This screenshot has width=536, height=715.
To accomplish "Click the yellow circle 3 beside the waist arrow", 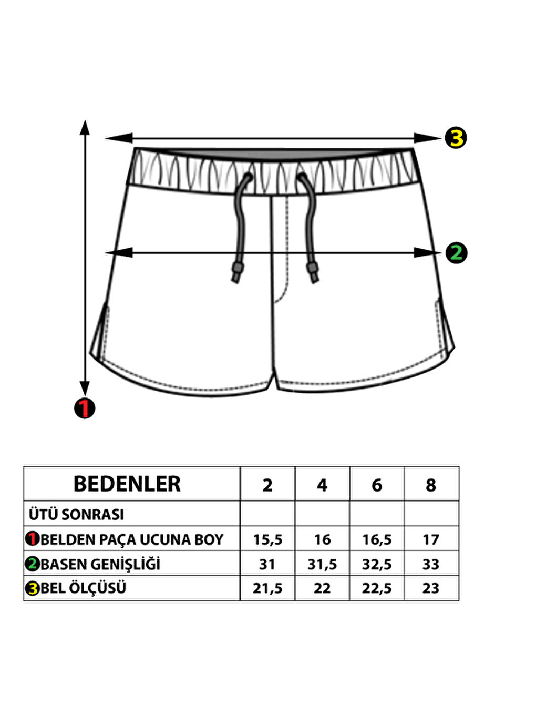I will click(456, 138).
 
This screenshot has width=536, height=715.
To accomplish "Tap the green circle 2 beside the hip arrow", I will click(456, 253).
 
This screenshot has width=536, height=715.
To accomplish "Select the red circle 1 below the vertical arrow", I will click(85, 408).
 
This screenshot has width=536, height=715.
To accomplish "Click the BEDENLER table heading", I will click(127, 484).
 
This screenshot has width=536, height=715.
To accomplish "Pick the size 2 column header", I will click(267, 485).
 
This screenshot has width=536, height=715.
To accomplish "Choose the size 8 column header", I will click(431, 485).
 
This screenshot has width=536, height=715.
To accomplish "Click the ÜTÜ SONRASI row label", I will click(77, 514).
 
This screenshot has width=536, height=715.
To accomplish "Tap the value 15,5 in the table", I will click(267, 539).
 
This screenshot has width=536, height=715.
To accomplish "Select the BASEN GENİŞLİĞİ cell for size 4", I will click(322, 564).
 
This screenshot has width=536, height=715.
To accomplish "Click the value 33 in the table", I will click(431, 564).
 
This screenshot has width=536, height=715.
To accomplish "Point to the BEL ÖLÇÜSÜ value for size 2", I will click(267, 588).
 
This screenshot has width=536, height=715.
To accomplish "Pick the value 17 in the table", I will click(431, 539).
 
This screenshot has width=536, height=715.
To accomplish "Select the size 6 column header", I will click(377, 485).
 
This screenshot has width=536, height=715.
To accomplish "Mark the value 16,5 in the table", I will click(377, 539).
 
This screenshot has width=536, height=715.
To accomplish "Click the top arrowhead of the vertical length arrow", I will click(85, 126).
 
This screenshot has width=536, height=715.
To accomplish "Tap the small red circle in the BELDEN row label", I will click(33, 539).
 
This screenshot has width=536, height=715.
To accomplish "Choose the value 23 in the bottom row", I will click(431, 588).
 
